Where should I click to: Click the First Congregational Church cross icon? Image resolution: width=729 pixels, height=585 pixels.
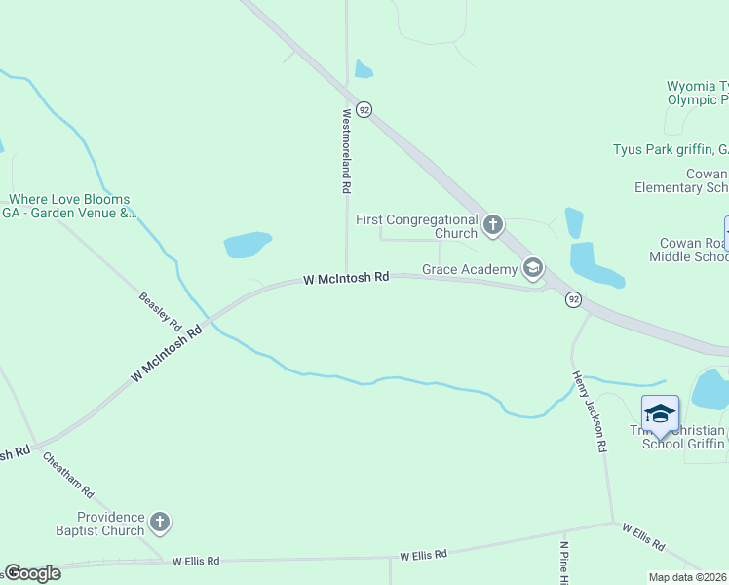pos(493,226)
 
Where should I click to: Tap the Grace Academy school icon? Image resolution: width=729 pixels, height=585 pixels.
pos(533,267)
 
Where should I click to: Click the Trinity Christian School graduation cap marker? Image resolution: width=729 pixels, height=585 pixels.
pos(660,414)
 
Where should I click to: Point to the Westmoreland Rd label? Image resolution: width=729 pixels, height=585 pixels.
pos(345,148)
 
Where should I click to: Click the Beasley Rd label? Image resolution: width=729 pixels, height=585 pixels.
pos(161,310)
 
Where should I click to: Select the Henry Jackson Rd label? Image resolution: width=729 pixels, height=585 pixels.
pos(590,410)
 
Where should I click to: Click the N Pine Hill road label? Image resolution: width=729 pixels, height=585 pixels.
pos(563,561)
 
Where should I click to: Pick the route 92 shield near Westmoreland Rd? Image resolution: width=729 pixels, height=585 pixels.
pos(364,110)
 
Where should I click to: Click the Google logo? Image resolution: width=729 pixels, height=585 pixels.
pos(33,573)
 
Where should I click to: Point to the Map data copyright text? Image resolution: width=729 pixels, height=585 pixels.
pos(687,577)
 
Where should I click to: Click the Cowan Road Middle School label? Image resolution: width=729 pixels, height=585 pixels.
pos(688,250)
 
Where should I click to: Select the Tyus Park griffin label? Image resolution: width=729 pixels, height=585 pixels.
pos(671,149)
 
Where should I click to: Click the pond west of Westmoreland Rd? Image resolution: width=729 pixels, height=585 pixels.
pos(248,245)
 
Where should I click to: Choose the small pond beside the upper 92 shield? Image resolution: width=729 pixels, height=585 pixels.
pos(364,69)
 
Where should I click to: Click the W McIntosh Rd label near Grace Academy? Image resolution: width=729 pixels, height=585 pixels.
pos(346,278)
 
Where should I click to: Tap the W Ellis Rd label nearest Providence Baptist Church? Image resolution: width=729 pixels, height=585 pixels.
pos(196,561)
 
